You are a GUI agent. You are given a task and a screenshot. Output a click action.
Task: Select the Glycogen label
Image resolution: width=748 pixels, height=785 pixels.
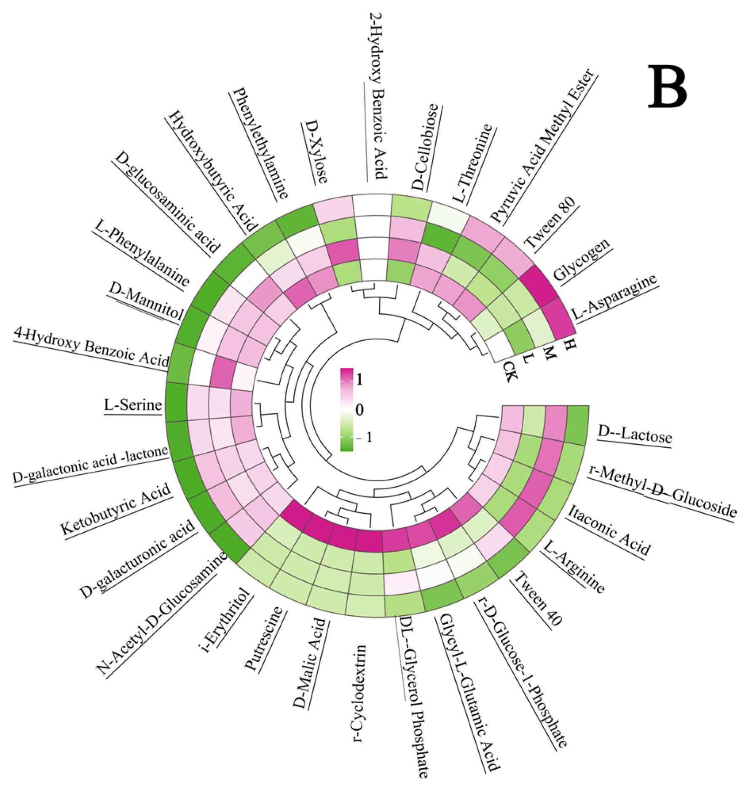click(582, 259)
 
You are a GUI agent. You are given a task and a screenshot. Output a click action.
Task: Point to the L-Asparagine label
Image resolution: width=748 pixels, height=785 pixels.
click(614, 296)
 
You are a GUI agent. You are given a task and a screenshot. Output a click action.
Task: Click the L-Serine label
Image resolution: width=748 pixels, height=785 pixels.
click(133, 405)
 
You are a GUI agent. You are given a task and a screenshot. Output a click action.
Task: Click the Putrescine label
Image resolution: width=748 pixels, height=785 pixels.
click(263, 638)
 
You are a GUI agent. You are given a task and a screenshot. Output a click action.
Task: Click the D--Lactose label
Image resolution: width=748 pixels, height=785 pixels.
click(635, 434)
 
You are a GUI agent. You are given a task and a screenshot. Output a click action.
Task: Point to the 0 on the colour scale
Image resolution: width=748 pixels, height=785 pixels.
click(359, 409)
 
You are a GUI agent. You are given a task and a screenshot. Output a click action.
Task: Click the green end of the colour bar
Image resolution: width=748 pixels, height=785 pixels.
click(346, 444)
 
